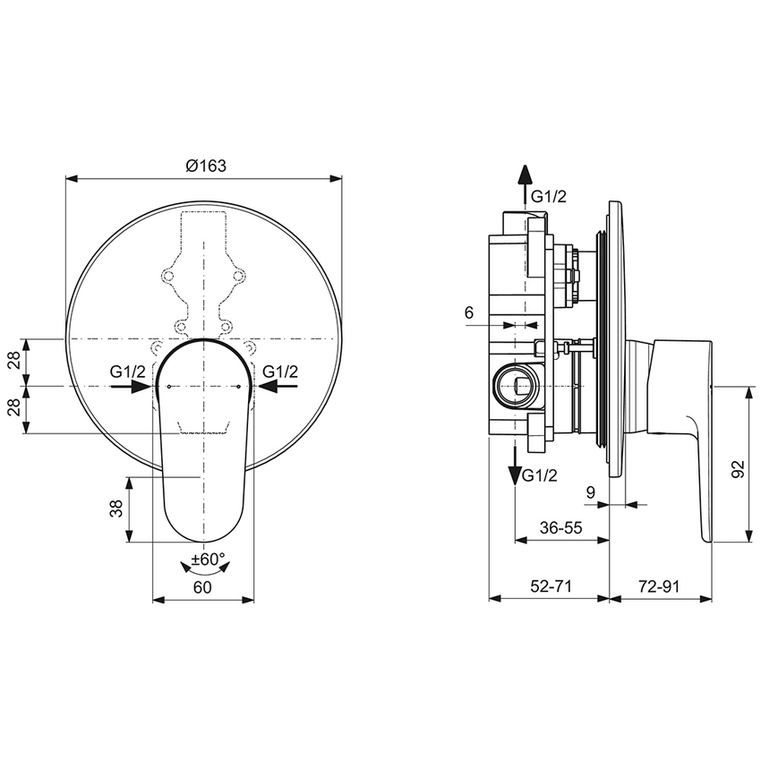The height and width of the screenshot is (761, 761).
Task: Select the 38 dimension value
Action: pos(116,509)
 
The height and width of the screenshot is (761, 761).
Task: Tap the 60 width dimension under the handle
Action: pos(202,587)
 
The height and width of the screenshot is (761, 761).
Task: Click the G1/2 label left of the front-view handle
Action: pos(129,371)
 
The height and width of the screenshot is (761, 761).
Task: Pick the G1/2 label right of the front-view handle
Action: pos(279,371)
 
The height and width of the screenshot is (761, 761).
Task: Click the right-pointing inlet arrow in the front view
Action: pos(130,387)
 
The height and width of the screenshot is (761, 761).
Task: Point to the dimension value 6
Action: pos(468,312)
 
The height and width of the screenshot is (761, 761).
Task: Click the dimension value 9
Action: pos(590,491)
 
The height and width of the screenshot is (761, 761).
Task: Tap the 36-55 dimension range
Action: pos(561,528)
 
